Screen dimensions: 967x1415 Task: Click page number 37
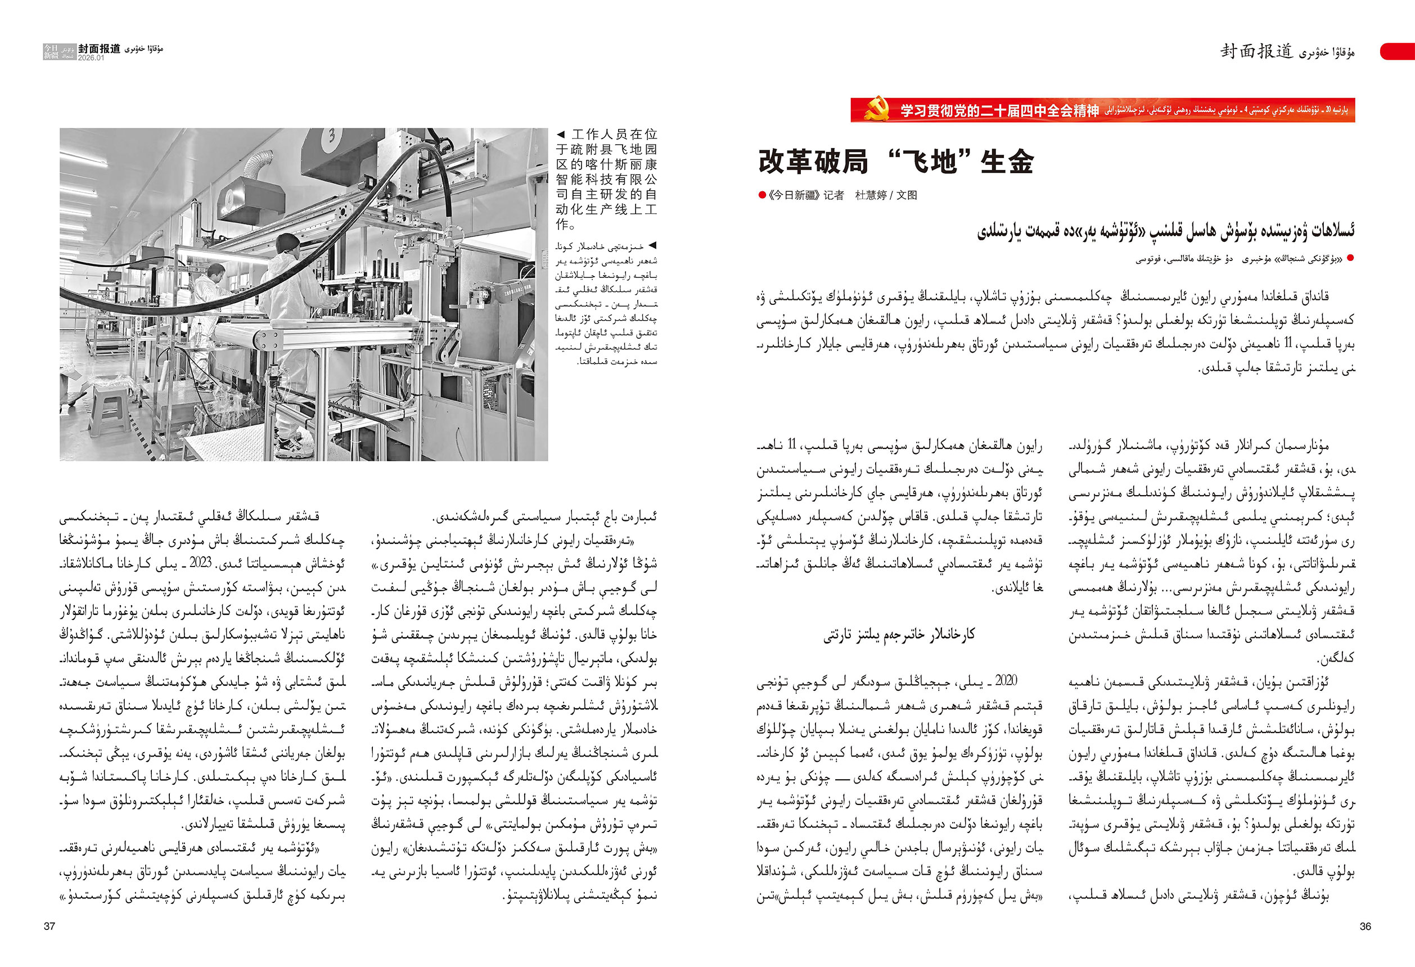(49, 926)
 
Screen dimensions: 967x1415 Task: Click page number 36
(1365, 926)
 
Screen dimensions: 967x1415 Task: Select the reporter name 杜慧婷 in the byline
(871, 195)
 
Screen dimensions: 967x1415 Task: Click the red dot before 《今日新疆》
(761, 195)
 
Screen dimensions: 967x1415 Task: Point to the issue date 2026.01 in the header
(91, 58)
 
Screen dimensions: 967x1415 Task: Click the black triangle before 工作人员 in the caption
(561, 134)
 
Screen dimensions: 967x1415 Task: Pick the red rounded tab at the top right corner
(1399, 51)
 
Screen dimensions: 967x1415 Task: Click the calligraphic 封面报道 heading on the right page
(1256, 51)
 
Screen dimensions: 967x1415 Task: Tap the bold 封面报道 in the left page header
(99, 48)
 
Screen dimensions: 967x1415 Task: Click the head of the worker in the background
(214, 270)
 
